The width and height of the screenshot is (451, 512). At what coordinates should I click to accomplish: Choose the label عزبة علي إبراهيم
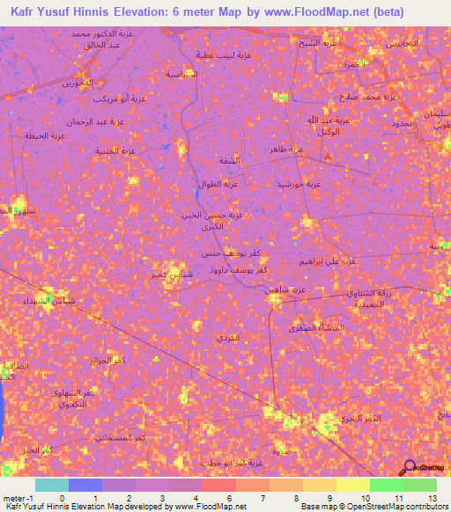click(325, 261)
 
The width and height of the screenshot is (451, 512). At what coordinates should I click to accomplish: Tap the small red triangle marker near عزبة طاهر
click(328, 157)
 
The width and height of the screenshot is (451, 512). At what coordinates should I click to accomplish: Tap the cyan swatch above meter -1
click(51, 485)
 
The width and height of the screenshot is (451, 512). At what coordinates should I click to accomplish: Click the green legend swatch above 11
click(387, 485)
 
